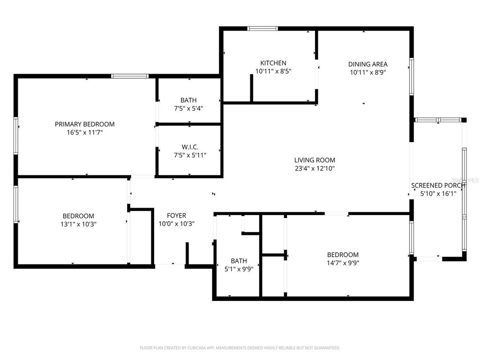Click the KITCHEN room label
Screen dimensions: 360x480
coord(273,63)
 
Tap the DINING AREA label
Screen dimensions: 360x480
coord(367,64)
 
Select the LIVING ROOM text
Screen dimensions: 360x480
coord(315,160)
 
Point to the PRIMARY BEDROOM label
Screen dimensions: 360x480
coord(84,124)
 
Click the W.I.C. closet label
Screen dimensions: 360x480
coord(189,147)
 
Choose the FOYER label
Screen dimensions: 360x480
coord(176,216)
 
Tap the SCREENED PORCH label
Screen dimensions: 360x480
coord(438,185)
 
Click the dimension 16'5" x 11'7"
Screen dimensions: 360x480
coord(84,133)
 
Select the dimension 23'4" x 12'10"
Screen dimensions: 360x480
coord(315,168)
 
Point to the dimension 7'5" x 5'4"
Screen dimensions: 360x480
coord(188,108)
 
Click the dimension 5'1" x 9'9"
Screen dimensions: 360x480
coord(239,269)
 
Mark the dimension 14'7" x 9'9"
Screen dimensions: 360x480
coord(343,263)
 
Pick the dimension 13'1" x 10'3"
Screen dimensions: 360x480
coord(78,224)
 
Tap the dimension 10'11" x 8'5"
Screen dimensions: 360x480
coord(273,72)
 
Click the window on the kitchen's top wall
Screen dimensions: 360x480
coord(262,29)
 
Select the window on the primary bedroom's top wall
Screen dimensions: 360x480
coord(129,76)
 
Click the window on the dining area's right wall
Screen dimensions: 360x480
coord(412,76)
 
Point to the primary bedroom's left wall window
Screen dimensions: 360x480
coord(16,135)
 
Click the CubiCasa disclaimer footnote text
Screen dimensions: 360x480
coord(240,348)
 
